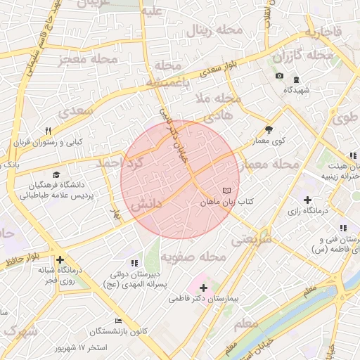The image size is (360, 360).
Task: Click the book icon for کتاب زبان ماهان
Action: coord(226,191)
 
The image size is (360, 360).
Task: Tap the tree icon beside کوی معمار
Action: coord(269,129)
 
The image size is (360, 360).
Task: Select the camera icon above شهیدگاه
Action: coord(279,76)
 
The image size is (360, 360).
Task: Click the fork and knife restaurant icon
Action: coord(48,130)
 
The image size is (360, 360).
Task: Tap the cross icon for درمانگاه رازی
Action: coord(307,200)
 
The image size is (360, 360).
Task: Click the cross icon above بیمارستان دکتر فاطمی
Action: coord(204,288)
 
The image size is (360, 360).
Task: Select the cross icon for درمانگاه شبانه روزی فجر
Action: coord(60,259)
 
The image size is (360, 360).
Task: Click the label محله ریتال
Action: coord(214,31)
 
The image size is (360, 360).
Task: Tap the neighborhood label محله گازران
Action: coord(303,56)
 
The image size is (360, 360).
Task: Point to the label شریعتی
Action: coord(252,239)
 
